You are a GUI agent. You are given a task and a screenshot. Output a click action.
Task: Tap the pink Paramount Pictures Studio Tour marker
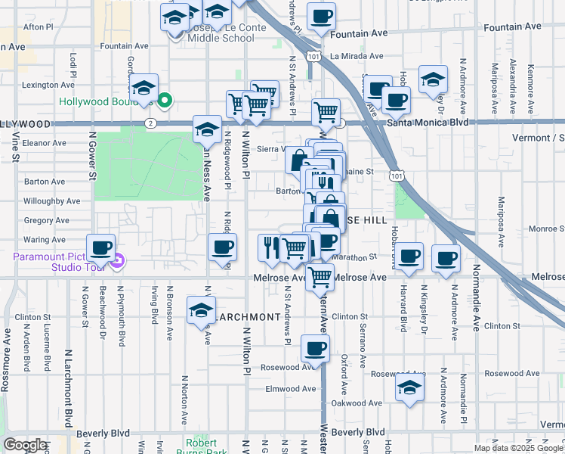pos(117,263)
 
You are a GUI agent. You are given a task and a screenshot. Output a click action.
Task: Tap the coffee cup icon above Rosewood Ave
pos(315,350)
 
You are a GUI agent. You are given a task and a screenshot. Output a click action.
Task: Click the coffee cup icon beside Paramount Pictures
pos(100,248)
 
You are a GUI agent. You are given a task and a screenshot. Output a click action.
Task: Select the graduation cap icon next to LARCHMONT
pos(201,312)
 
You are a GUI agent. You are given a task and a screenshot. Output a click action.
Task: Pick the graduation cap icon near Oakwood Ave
pos(409,390)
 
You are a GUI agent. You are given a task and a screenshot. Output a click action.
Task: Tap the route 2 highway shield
pos(152,123)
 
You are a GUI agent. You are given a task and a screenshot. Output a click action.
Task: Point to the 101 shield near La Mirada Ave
pos(311,57)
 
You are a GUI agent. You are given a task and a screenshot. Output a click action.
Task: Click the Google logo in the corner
pos(25,445)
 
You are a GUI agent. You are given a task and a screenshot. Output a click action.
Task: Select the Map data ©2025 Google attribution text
pos(518,448)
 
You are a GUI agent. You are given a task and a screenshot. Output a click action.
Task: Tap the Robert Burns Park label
pos(202,446)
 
